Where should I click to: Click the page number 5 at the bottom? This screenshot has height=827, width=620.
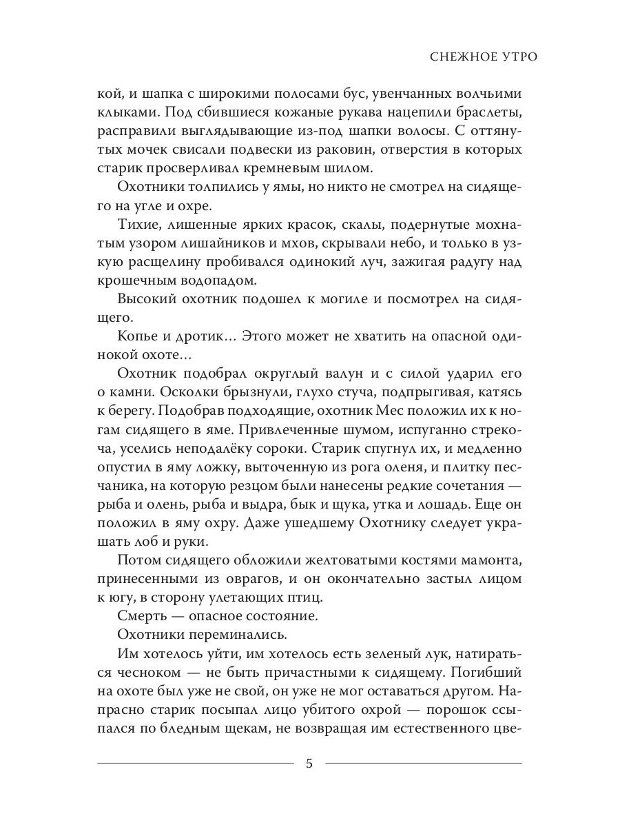click(309, 763)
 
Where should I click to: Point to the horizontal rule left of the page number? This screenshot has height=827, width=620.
click(196, 763)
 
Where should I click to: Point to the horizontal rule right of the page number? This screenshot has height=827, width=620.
click(423, 763)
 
